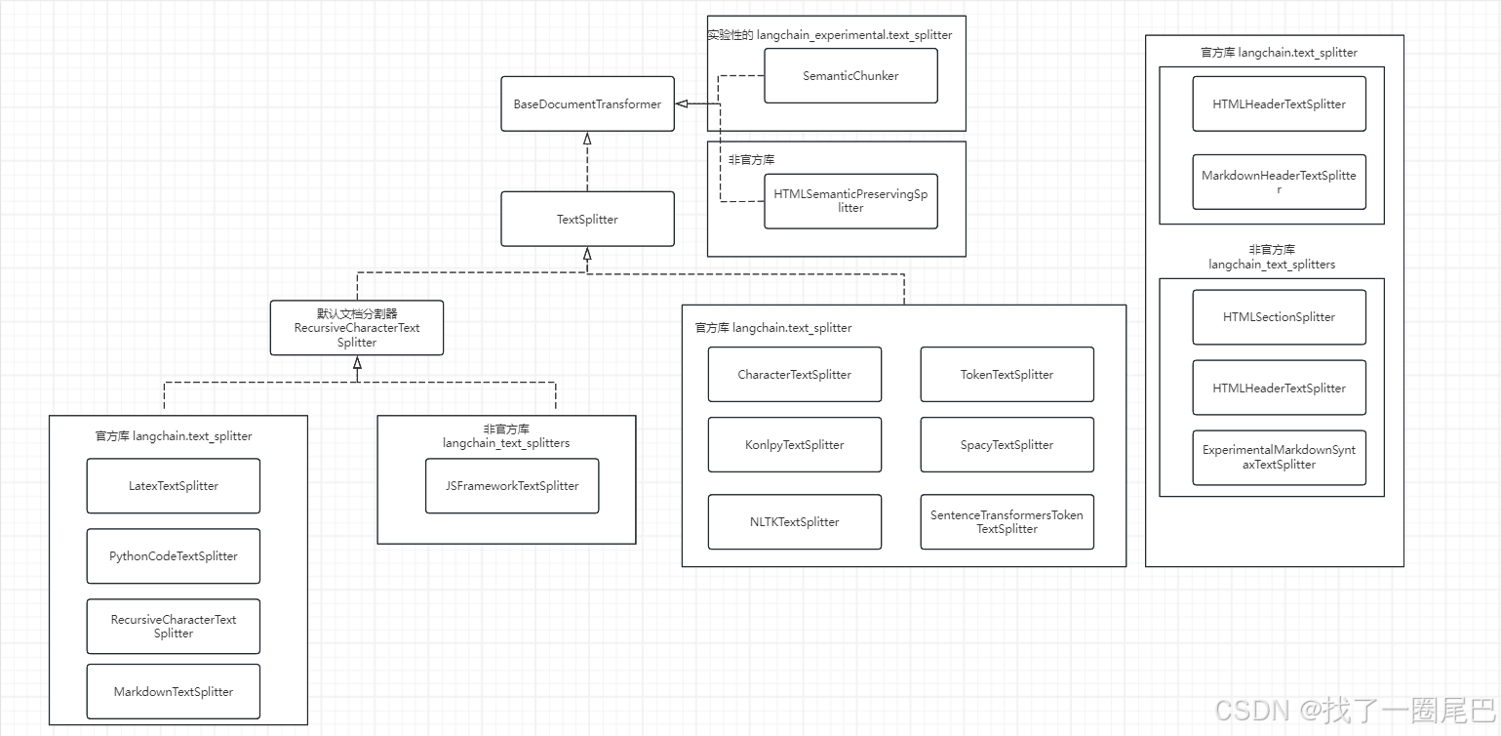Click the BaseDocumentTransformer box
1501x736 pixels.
pos(587,103)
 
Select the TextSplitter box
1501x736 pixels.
pos(587,219)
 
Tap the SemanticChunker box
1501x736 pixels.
pos(850,75)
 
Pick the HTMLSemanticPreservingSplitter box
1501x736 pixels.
pos(850,201)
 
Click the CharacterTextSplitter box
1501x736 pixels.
pos(794,374)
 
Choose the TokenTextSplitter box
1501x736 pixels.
pos(1007,374)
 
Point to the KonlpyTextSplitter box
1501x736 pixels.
pos(794,444)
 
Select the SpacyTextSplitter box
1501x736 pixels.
pos(1007,444)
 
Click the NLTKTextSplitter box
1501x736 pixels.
pos(794,521)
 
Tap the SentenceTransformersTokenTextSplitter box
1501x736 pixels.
pos(1007,521)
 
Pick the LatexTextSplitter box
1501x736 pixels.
pos(174,485)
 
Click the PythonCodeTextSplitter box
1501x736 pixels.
pos(174,555)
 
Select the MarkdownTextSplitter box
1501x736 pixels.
pos(174,691)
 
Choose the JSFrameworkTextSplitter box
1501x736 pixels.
pos(512,485)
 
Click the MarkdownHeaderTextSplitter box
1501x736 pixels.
pos(1279,182)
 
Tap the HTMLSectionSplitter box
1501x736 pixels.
pos(1279,316)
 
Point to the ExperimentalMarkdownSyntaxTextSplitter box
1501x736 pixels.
pos(1279,457)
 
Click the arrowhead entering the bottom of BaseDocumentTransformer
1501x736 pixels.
pos(587,139)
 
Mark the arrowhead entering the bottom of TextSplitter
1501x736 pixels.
pos(587,254)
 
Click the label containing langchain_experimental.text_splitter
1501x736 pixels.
pos(830,34)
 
